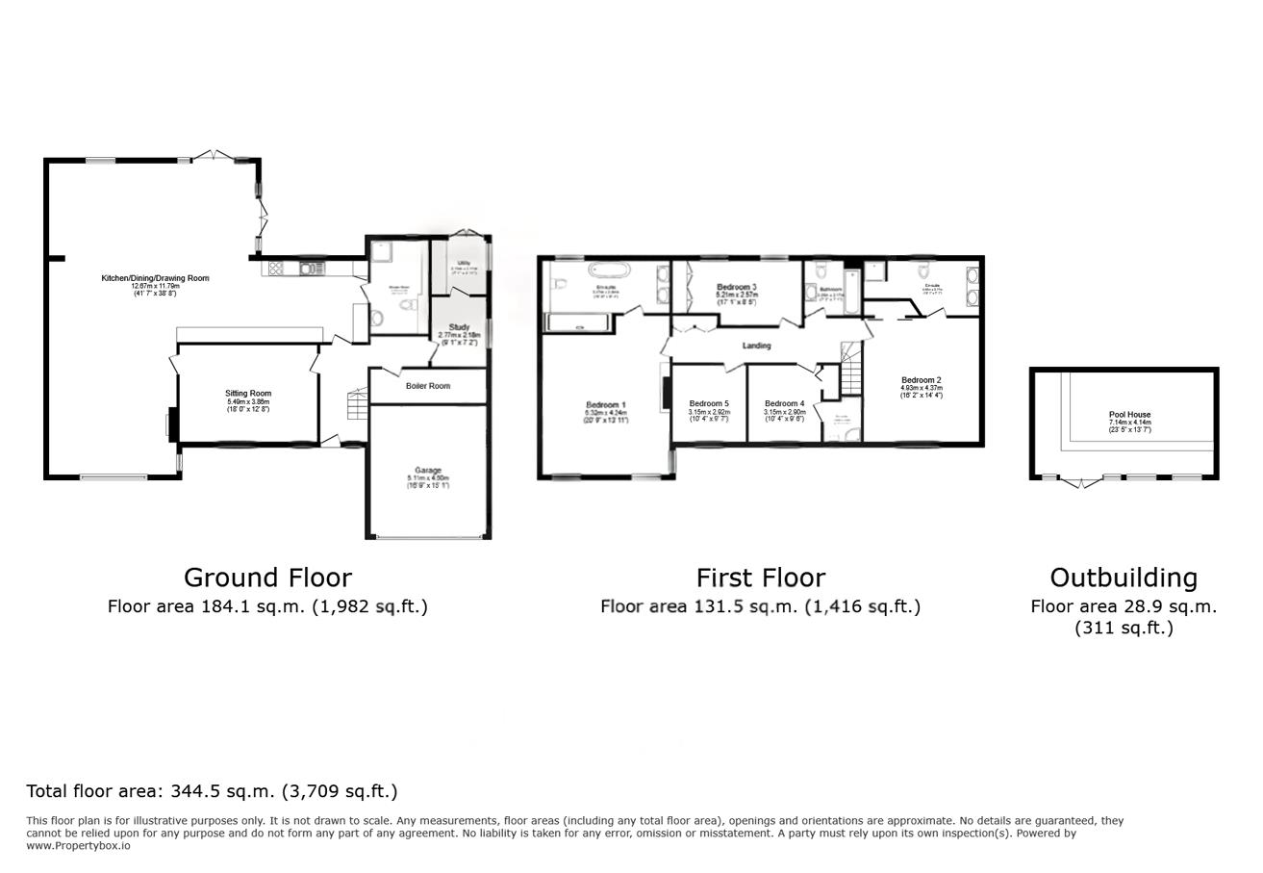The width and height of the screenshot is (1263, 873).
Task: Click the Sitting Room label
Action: point(248,394)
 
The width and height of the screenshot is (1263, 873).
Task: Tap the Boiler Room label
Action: point(428,386)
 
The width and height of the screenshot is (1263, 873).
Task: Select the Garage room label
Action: point(428,471)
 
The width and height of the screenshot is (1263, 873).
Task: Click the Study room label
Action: point(459,328)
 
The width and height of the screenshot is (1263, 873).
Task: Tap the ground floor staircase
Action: point(357,405)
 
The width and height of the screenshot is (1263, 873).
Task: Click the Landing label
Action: point(757,346)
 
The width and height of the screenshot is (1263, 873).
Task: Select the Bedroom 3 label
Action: point(737,288)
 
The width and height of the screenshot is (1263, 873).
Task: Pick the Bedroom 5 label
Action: point(708,404)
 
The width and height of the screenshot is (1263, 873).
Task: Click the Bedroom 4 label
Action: point(784,404)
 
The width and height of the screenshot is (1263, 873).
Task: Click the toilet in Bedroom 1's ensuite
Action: point(561,284)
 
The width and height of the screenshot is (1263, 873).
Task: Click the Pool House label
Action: point(1129,415)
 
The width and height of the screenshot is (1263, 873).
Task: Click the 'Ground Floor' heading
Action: point(267,578)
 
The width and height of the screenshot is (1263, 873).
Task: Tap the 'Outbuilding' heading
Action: point(1123,578)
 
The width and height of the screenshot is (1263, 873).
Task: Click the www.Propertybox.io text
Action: point(78,845)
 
